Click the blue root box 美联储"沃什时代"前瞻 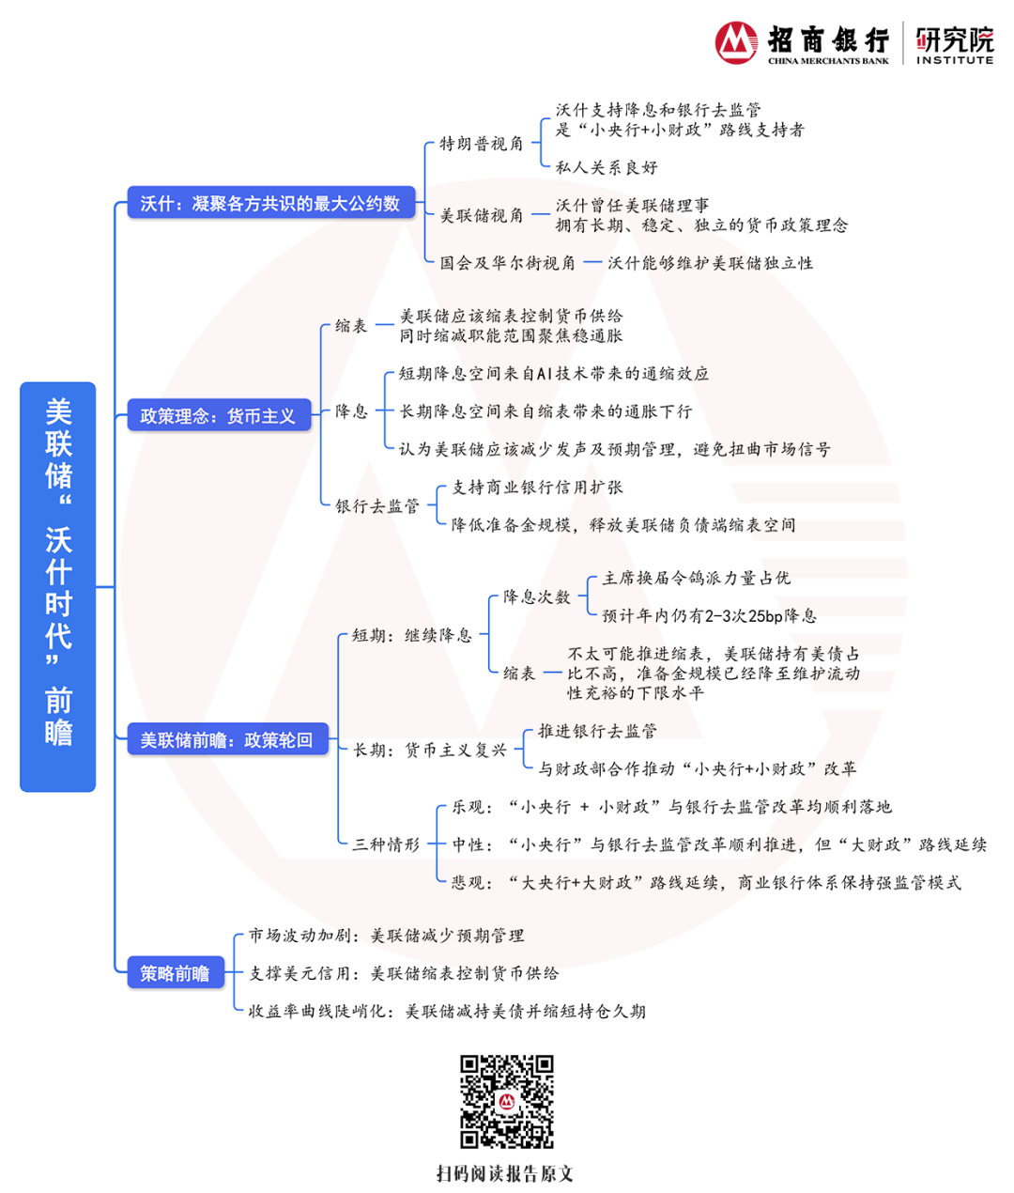click(x=57, y=586)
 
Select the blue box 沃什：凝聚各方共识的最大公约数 click(x=270, y=203)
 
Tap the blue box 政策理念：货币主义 click(x=218, y=415)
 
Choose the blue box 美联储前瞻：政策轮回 click(x=226, y=740)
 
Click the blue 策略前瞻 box click(x=175, y=973)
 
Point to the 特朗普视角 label click(x=482, y=144)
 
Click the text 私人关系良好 click(x=607, y=167)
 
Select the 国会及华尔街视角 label click(x=508, y=263)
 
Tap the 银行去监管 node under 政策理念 click(x=377, y=506)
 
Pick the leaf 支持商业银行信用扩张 click(x=537, y=488)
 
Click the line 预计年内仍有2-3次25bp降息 click(x=709, y=616)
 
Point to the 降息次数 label click(x=537, y=596)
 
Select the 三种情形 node click(x=386, y=844)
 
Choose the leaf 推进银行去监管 click(x=597, y=731)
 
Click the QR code click(x=506, y=1101)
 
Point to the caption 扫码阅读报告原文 click(x=505, y=1173)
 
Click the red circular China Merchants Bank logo click(x=737, y=42)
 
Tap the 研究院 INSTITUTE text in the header click(x=954, y=45)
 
